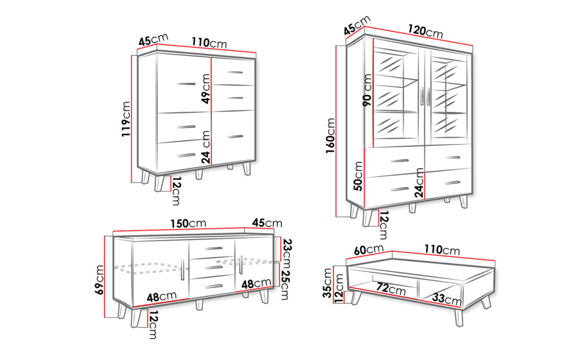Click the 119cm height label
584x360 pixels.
pos(127,119)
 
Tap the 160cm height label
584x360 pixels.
pos(330,136)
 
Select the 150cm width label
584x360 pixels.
pos(188,223)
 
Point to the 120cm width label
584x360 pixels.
pos(425,31)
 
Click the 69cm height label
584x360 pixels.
pos(100,280)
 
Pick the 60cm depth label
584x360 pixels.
pos(369,249)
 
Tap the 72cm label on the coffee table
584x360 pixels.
pos(391,289)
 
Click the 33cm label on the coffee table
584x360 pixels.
pos(447,299)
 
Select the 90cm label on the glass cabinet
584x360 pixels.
pos(367,90)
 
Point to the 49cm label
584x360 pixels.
pos(206,88)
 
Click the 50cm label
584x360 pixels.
pos(358,176)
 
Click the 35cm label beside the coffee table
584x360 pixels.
pos(328,283)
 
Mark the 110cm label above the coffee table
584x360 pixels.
pos(442,249)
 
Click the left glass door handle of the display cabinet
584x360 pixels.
pos(422,96)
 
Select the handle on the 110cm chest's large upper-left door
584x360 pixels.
pos(186,84)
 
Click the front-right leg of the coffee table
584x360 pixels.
pos(459,318)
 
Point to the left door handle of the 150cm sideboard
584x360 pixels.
pos(182,270)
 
